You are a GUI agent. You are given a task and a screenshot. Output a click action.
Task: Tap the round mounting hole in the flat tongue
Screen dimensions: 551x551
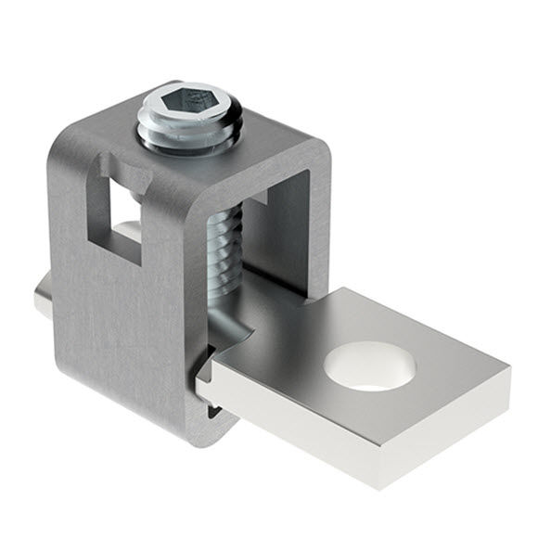point(368,360)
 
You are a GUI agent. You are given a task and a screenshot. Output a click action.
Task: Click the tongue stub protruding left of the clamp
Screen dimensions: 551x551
point(42,303)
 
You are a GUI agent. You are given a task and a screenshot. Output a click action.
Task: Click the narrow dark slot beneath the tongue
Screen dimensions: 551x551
point(211,408)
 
